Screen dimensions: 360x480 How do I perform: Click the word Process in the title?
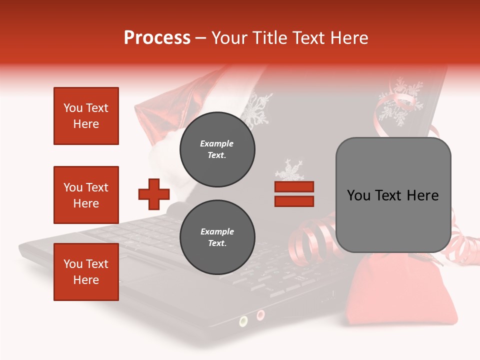(157, 38)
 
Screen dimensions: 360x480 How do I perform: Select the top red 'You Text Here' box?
(86, 116)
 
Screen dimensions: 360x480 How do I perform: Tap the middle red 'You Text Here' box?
(86, 195)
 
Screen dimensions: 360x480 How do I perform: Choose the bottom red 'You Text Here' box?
(86, 272)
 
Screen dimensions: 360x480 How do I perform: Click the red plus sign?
(154, 194)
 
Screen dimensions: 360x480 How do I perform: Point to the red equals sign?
(294, 194)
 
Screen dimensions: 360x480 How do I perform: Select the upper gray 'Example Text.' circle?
(217, 149)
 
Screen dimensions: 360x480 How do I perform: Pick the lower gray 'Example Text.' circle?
(217, 237)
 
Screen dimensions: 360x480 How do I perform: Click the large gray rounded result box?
(393, 195)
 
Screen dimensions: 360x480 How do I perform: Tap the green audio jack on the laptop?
(243, 320)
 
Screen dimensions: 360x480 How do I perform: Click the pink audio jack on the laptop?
(260, 314)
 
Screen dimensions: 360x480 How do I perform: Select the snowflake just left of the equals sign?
(289, 171)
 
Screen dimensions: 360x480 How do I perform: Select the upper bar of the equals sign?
(294, 187)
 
